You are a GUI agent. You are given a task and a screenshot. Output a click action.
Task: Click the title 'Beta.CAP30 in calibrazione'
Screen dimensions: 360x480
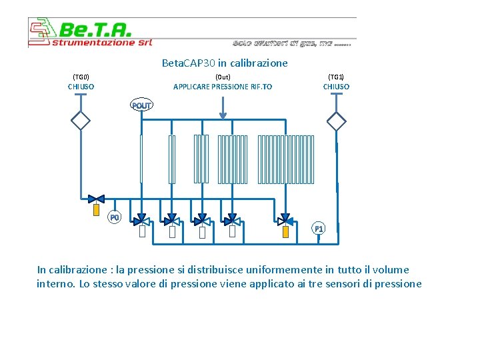pyautogui.click(x=225, y=63)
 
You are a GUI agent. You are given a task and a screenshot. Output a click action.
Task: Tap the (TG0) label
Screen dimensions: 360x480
pyautogui.click(x=81, y=77)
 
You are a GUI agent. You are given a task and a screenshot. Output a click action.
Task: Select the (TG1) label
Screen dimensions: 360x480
pyautogui.click(x=336, y=77)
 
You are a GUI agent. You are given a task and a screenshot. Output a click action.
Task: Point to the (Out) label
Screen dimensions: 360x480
pyautogui.click(x=223, y=77)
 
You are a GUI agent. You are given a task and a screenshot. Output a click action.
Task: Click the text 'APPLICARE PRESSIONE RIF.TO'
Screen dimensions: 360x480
pyautogui.click(x=223, y=87)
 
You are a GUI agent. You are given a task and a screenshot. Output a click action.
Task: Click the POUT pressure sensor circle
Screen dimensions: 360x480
pyautogui.click(x=141, y=105)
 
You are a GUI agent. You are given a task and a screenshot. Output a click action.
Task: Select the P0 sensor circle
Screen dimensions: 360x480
pyautogui.click(x=115, y=217)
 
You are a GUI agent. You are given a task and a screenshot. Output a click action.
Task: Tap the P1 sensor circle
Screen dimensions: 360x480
pyautogui.click(x=319, y=229)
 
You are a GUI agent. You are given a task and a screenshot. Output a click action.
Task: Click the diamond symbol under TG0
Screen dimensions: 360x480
pyautogui.click(x=81, y=121)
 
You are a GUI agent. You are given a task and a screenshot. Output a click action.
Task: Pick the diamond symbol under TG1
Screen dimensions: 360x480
pyautogui.click(x=337, y=121)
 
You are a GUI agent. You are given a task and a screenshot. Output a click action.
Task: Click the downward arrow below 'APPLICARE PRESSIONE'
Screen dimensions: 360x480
pyautogui.click(x=223, y=107)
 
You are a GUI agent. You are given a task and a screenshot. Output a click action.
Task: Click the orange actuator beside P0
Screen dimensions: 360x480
pyautogui.click(x=96, y=210)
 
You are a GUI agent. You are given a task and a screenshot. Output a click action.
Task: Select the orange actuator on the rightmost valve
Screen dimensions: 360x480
pyautogui.click(x=285, y=231)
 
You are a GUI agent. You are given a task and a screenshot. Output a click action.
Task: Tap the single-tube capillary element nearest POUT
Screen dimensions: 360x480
pyautogui.click(x=141, y=159)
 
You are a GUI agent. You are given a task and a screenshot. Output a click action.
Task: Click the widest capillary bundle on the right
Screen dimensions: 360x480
pyautogui.click(x=285, y=159)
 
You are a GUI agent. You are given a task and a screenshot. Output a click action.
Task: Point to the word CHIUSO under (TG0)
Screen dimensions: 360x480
pyautogui.click(x=81, y=87)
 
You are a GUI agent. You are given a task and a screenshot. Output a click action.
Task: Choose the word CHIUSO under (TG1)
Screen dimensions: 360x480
pyautogui.click(x=336, y=87)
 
